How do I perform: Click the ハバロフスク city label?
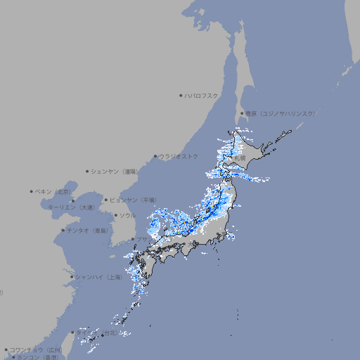201,95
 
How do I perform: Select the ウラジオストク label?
179,156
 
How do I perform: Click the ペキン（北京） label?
53,191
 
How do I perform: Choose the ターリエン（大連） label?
71,207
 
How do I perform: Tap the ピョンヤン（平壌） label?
133,200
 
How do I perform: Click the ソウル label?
127,215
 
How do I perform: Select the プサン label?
143,240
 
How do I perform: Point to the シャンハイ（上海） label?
98,277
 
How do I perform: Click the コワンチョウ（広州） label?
36,349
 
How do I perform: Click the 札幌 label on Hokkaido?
240,159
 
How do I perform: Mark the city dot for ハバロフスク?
181,95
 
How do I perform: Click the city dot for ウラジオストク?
155,157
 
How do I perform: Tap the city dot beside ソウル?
115,215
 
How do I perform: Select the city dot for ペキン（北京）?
32,191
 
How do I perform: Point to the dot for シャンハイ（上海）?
71,277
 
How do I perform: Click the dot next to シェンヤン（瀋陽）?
88,171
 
